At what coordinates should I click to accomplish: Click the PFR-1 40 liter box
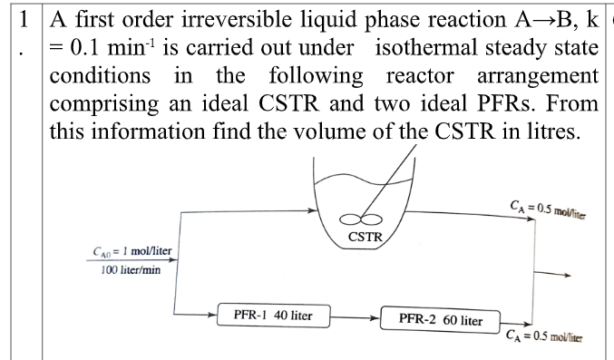point(272,316)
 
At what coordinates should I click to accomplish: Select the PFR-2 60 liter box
point(440,319)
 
